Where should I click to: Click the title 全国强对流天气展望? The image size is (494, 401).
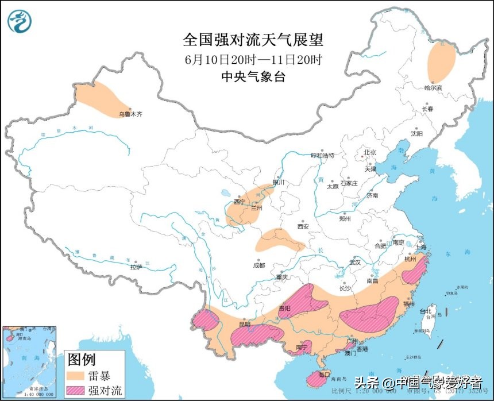pos(253,40)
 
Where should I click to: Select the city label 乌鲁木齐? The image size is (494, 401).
pos(130,114)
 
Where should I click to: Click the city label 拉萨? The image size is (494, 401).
pos(136,267)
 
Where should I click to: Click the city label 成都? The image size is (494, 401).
pos(258,265)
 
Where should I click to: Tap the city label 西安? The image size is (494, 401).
pos(303,226)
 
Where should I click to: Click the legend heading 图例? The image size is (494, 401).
pos(81,360)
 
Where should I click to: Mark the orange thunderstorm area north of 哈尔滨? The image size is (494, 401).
pos(441,63)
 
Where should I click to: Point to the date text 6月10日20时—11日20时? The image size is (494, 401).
pos(253,59)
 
